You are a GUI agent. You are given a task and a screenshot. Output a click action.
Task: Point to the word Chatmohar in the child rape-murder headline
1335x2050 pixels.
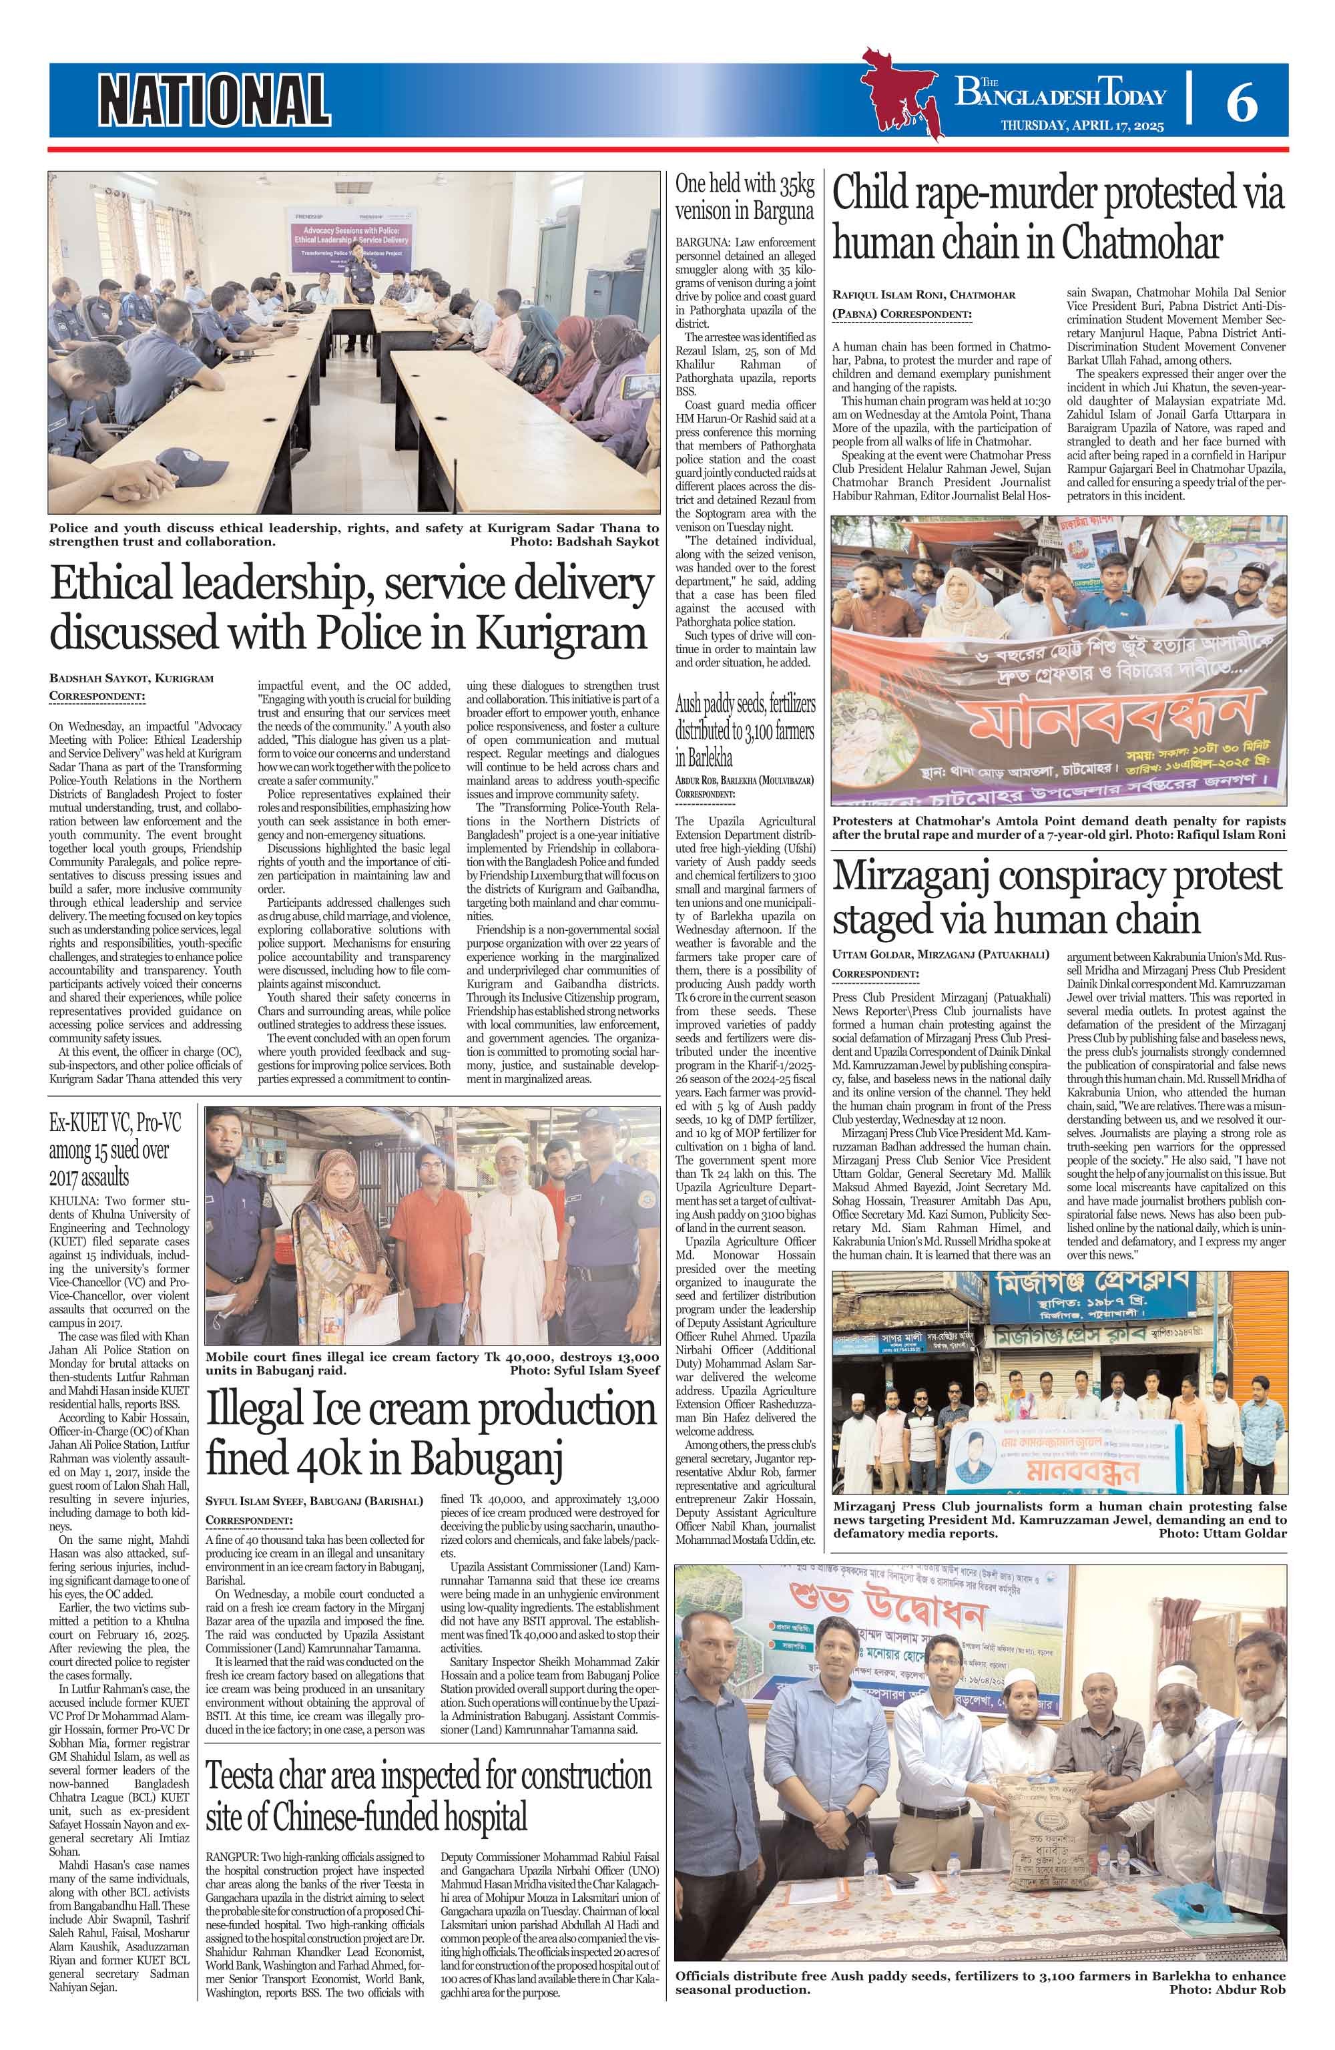1140,244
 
